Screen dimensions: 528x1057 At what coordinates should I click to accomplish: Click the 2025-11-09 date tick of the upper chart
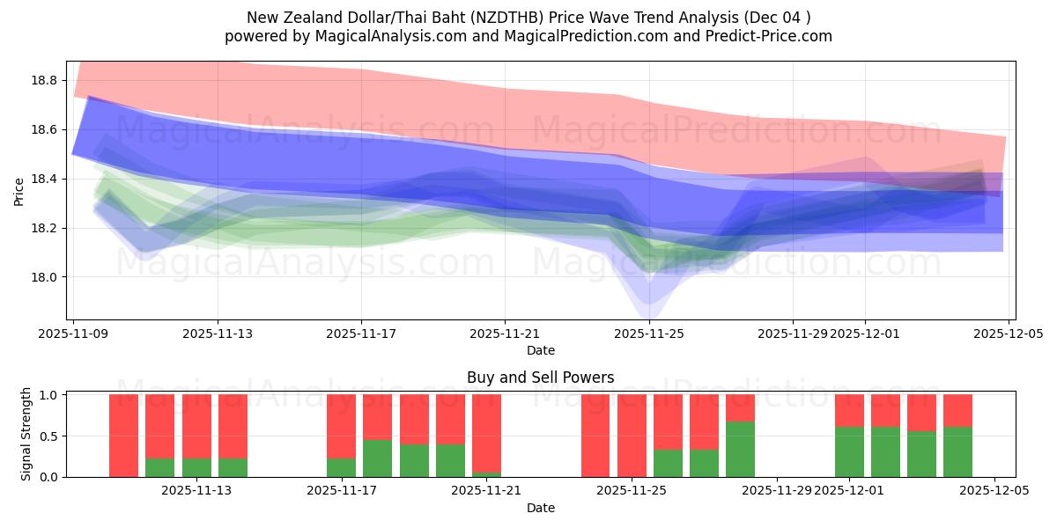point(74,334)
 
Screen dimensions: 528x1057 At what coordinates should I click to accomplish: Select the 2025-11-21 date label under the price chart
point(505,334)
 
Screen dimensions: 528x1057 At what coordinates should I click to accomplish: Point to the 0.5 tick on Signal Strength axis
point(49,436)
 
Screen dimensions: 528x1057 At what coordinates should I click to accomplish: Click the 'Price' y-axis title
point(18,191)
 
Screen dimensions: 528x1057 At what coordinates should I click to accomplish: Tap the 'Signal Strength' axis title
point(26,434)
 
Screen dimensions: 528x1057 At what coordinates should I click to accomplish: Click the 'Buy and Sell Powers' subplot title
point(540,378)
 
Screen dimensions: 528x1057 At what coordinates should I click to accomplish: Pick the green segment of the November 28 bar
point(740,449)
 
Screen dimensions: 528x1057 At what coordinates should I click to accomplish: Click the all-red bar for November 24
point(595,436)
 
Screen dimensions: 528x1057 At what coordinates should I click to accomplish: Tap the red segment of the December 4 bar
point(957,410)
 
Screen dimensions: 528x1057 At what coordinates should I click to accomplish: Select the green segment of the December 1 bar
point(849,451)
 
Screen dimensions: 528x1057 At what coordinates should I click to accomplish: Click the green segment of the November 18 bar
point(377,458)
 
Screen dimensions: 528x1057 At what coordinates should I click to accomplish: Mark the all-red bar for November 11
point(123,436)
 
